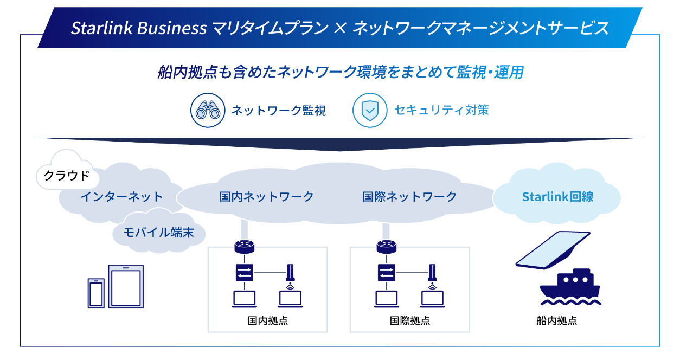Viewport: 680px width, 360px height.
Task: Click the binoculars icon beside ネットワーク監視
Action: [207, 110]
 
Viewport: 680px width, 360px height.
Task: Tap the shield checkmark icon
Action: [370, 110]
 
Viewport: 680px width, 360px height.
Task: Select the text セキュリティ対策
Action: [441, 110]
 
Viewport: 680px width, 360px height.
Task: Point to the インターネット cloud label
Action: [121, 196]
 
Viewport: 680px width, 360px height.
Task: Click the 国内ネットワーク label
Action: [266, 196]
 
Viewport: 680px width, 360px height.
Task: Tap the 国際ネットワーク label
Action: [409, 196]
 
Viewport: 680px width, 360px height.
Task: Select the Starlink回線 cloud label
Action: [557, 196]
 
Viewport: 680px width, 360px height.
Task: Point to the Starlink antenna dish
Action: [553, 249]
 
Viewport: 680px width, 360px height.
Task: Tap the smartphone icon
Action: [96, 293]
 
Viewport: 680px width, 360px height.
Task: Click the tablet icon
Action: [126, 286]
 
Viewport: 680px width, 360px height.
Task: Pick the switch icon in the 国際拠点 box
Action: [386, 272]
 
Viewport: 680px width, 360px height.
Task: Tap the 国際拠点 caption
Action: [409, 320]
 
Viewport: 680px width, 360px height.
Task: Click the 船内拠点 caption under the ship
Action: [556, 320]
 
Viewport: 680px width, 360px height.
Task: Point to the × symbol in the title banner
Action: [339, 28]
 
